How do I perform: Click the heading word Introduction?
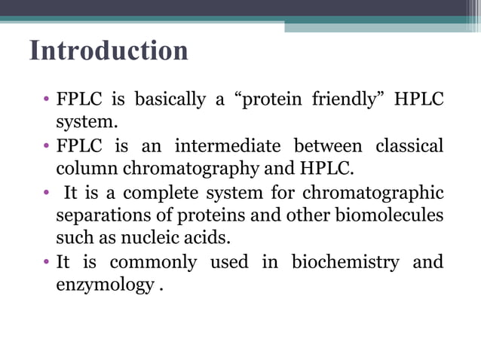point(109,51)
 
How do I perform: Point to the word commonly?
point(153,262)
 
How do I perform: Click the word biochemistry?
point(346,262)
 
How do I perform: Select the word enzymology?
point(105,285)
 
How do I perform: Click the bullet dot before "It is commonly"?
point(47,262)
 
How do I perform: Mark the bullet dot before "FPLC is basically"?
point(47,100)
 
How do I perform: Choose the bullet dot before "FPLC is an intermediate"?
point(47,145)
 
